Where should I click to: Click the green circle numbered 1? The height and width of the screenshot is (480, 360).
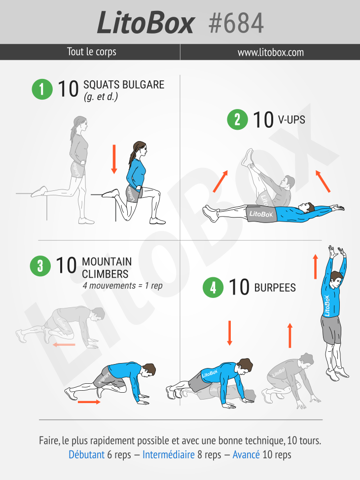[42, 89]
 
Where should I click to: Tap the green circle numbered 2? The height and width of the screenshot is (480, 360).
[237, 119]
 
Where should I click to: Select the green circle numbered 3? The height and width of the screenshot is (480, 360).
[40, 266]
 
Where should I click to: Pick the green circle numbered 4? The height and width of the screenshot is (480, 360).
[213, 288]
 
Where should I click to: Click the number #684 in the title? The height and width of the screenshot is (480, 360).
[236, 23]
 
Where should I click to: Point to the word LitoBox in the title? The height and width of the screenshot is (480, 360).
[145, 23]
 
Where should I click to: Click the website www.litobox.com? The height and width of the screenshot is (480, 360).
[271, 52]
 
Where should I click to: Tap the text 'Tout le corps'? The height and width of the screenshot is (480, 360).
[92, 52]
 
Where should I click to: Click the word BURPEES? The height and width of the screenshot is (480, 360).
[275, 288]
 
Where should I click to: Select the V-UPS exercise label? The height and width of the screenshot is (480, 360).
[291, 119]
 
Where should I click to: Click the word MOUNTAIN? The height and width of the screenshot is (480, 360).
[107, 262]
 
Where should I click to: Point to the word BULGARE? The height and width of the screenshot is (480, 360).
[144, 85]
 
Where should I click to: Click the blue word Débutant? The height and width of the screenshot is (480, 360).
[87, 454]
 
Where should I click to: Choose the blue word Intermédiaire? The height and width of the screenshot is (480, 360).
[169, 454]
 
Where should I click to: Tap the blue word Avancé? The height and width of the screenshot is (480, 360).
[246, 454]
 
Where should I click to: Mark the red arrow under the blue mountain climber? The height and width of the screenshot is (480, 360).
[89, 402]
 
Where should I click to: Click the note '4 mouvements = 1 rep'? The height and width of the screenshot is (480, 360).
[122, 286]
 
